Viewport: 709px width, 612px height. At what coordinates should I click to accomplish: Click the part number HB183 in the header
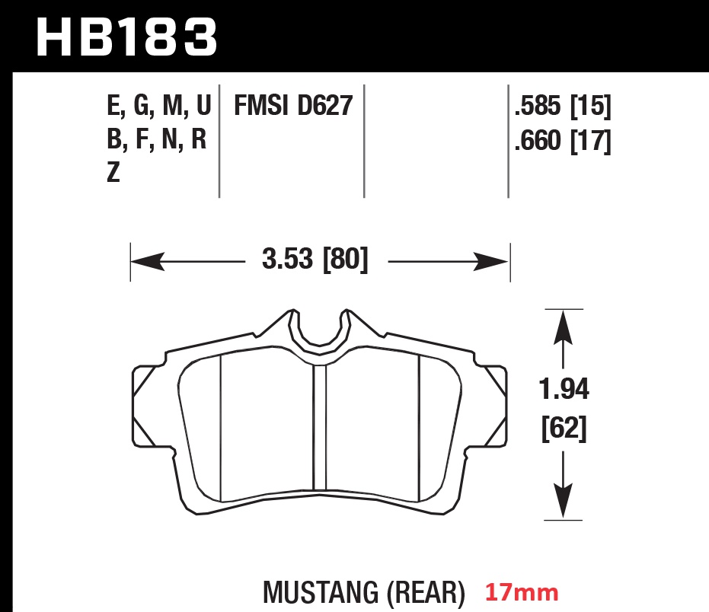tap(126, 36)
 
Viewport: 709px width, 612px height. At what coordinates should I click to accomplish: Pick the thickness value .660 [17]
tap(563, 141)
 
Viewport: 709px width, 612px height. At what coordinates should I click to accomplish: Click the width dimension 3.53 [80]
tap(315, 261)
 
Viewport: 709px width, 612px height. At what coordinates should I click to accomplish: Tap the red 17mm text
tap(522, 591)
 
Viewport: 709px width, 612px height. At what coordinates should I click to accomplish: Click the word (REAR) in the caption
tap(427, 592)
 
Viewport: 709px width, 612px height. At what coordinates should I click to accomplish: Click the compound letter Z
tap(113, 174)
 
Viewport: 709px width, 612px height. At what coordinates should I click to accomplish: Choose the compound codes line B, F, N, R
tap(157, 141)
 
